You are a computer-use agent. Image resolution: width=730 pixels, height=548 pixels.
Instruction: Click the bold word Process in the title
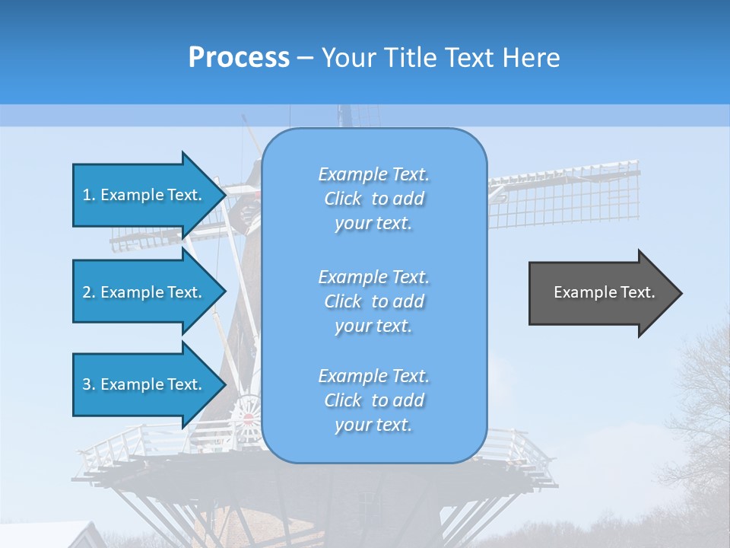pyautogui.click(x=239, y=57)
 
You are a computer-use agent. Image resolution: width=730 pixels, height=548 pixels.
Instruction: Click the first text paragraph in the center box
pyautogui.click(x=373, y=199)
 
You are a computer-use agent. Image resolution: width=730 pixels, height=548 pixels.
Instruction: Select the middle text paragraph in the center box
pyautogui.click(x=373, y=301)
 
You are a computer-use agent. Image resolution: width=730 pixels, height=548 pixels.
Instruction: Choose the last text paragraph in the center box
pyautogui.click(x=373, y=400)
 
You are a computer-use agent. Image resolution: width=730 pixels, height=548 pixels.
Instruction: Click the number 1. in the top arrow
pyautogui.click(x=89, y=195)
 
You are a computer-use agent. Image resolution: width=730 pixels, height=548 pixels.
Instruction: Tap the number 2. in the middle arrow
pyautogui.click(x=89, y=292)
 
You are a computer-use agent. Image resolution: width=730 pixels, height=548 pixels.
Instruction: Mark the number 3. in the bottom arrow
pyautogui.click(x=89, y=384)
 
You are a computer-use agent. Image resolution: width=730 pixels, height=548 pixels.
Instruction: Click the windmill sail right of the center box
pyautogui.click(x=563, y=195)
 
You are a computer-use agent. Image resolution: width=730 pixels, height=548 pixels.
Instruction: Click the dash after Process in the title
pyautogui.click(x=305, y=58)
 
